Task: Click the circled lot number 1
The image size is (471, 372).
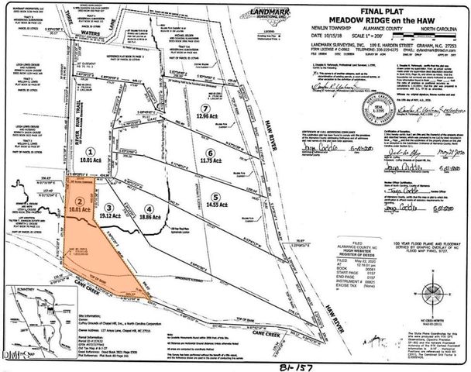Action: click(91, 153)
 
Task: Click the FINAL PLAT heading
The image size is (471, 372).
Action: click(348, 9)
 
